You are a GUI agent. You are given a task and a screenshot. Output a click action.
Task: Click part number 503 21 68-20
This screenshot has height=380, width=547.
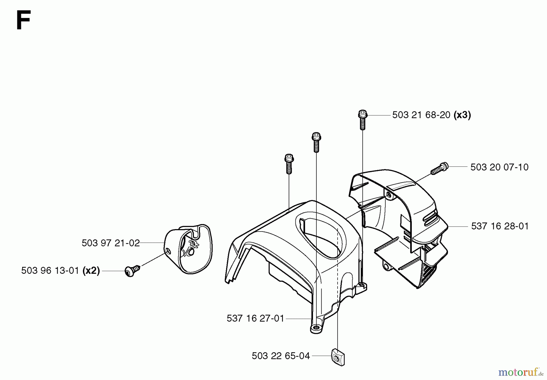[x=421, y=115]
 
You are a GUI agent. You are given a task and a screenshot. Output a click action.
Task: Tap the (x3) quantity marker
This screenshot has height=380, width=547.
[x=462, y=115]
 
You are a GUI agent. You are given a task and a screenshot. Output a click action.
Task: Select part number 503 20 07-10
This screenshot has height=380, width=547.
[x=499, y=167]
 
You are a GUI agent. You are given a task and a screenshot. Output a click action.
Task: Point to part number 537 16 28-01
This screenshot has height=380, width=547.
[x=500, y=226]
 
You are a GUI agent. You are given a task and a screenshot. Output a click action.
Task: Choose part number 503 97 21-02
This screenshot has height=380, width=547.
[x=111, y=243]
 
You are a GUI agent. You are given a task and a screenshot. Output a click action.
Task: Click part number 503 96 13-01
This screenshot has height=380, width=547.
[x=50, y=270]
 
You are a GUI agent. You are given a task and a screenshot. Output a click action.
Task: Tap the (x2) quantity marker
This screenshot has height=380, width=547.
[x=91, y=270]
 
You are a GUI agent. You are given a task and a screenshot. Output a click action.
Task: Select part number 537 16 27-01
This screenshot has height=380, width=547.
[x=255, y=319]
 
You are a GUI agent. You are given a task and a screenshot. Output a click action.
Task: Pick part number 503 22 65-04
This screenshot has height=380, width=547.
[x=281, y=356]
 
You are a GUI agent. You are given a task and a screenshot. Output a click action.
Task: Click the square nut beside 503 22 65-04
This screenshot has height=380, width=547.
[x=338, y=357]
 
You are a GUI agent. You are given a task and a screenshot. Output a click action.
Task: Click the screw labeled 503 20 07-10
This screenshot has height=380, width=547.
[x=439, y=168]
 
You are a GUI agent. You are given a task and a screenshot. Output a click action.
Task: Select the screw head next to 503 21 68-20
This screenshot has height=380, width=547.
[x=363, y=115]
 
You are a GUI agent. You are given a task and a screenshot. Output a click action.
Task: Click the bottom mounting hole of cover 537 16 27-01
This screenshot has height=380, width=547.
[x=317, y=328]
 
